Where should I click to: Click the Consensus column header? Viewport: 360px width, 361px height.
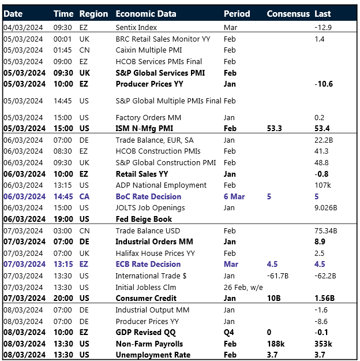(288, 13)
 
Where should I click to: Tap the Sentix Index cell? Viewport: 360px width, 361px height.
(136, 27)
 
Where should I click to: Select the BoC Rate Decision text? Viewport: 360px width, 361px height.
(148, 196)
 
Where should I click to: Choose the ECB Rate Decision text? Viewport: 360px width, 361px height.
(148, 264)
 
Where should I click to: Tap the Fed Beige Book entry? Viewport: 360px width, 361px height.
(144, 219)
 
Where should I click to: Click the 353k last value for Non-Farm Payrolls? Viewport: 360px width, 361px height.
(324, 343)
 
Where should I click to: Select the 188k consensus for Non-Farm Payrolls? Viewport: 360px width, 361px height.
(275, 343)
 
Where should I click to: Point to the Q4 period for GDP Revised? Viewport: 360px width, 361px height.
(229, 332)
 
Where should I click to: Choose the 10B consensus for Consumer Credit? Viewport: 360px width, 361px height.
(273, 298)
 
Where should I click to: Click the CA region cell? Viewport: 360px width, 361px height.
(85, 196)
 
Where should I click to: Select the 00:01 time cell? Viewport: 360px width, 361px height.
(62, 39)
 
